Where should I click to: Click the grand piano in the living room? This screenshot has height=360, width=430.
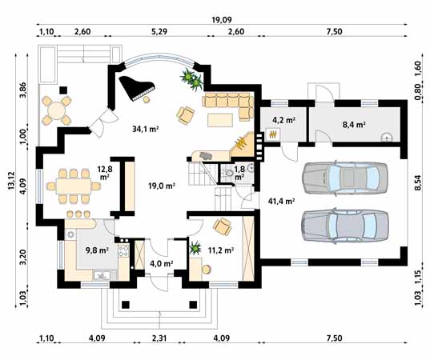(x=136, y=87)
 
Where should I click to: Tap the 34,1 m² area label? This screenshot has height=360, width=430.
(x=146, y=129)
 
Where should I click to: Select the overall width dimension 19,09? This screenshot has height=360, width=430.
(x=222, y=20)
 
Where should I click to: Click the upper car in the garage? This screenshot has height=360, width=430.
(x=345, y=178)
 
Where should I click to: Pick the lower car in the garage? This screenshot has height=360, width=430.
(x=345, y=226)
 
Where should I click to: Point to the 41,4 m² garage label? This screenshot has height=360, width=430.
(x=281, y=202)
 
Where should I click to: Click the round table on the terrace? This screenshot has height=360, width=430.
(x=57, y=110)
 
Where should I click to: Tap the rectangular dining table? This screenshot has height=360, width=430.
(x=74, y=186)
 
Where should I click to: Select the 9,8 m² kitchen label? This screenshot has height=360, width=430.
(x=97, y=250)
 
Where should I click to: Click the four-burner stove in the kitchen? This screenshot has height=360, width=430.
(x=123, y=250)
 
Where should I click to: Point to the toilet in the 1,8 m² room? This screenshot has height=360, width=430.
(x=228, y=173)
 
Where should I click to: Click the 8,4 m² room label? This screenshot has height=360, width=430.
(x=354, y=125)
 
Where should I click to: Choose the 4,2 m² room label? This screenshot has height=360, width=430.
(x=283, y=120)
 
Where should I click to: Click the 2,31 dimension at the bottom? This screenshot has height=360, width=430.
(x=159, y=338)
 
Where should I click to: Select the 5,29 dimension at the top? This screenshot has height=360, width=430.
(x=159, y=31)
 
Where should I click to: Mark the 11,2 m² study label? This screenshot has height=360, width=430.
(x=221, y=250)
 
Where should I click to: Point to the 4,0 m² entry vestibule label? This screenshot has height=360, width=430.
(x=161, y=264)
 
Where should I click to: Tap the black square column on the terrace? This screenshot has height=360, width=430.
(x=63, y=90)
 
